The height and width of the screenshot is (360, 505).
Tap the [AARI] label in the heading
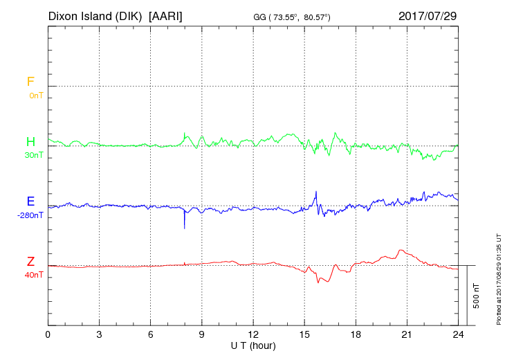(166, 15)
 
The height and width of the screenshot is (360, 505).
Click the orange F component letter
(30, 82)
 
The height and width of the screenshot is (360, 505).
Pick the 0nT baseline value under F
(36, 96)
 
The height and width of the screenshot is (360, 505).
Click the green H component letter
(30, 142)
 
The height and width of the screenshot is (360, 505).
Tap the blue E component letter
(30, 201)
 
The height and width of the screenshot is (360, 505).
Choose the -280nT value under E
(31, 215)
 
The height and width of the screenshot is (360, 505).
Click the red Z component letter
(30, 262)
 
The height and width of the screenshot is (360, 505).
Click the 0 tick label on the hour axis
(48, 334)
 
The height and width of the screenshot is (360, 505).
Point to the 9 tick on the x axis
(202, 334)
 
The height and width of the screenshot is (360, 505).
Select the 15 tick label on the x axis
(304, 334)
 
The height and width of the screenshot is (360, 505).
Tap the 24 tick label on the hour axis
(458, 334)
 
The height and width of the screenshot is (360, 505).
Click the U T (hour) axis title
(253, 345)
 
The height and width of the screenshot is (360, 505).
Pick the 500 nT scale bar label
(476, 296)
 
